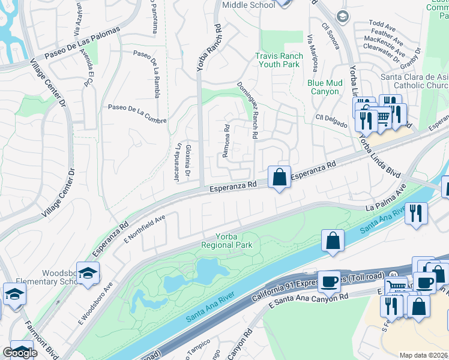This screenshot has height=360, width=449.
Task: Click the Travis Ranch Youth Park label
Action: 277,60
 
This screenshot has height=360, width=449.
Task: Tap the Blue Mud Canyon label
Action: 324,87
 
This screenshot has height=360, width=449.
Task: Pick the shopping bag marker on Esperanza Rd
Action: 279,177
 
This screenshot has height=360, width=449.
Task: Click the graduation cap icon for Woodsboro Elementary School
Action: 88,273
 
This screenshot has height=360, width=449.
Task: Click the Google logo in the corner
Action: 20,353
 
